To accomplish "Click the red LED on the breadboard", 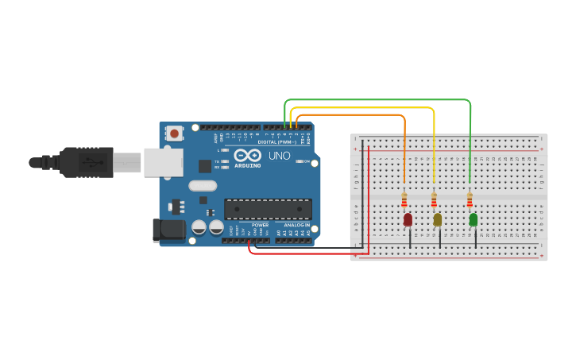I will (x=408, y=219).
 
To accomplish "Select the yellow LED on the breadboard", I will (x=437, y=219).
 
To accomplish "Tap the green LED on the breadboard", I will (x=473, y=219).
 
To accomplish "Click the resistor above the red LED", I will (x=404, y=199).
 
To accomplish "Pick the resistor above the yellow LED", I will (x=434, y=199).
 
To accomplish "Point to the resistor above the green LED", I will (x=470, y=199).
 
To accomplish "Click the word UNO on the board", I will (x=280, y=156).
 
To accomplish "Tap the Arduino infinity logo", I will (x=247, y=156).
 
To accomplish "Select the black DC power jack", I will (x=170, y=230).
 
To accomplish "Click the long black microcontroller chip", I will (x=267, y=209).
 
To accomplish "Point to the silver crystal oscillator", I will (x=203, y=186).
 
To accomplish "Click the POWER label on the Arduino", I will (x=260, y=225).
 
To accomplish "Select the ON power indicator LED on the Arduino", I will (x=299, y=161).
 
